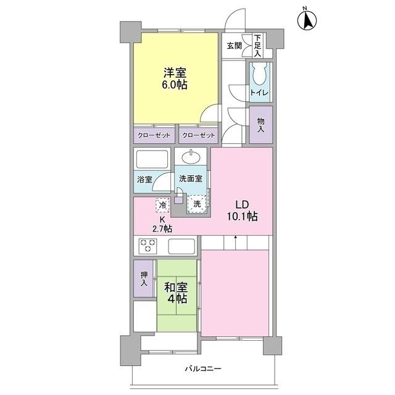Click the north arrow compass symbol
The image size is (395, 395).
point(306,20)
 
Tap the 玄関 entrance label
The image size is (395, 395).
point(233,45)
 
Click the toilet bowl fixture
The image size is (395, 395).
point(258,76)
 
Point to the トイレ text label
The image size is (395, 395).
point(258,93)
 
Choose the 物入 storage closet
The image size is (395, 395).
point(260,125)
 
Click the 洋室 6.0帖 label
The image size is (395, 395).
point(175,78)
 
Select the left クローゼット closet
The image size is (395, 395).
point(154,135)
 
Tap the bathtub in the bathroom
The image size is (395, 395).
point(152,161)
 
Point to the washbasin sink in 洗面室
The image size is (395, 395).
point(193,155)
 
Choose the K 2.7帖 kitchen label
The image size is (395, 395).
point(163,224)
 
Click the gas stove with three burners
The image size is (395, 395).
point(148,246)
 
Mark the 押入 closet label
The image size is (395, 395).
point(144,279)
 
